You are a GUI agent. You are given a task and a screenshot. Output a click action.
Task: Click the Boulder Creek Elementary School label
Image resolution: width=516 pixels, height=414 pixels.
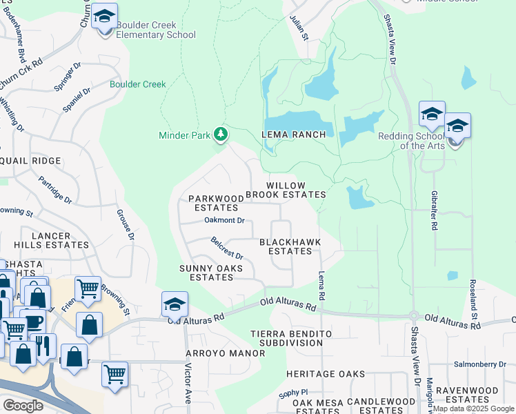point(155,30)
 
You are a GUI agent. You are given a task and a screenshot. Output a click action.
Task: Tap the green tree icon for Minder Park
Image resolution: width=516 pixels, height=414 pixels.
point(221,134)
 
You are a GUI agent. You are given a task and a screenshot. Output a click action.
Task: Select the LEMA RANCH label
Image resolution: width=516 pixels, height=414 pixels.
point(293,135)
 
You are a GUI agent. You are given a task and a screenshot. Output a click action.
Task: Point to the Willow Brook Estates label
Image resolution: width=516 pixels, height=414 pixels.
point(295,190)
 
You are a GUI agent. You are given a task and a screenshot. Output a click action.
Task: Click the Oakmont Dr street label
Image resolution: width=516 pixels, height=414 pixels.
point(224,220)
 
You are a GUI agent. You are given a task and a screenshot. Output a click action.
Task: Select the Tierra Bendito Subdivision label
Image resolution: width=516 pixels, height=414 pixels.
point(291,338)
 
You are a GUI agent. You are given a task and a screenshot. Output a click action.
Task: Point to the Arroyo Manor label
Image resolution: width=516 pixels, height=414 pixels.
point(225,353)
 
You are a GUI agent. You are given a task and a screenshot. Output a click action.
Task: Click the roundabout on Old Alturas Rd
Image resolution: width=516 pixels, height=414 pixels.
point(414,316)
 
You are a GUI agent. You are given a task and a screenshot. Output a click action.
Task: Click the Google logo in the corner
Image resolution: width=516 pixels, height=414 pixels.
point(23,406)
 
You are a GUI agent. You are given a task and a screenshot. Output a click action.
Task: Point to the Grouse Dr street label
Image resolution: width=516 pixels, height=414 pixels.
point(126,224)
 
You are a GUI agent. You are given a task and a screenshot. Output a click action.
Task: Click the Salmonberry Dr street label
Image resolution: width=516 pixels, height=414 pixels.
point(480,364)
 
